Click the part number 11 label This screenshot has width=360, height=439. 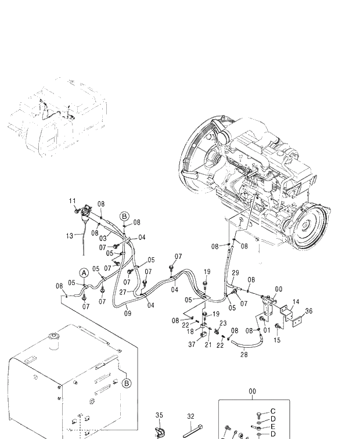[73, 201]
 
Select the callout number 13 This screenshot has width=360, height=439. [70, 236]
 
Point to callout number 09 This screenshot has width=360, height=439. [128, 314]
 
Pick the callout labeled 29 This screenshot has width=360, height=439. [235, 272]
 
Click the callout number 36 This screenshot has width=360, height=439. [309, 311]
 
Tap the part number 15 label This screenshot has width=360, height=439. [277, 340]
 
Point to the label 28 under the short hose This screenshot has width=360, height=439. [244, 354]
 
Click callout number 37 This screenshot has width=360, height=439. [192, 345]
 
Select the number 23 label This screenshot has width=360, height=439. [222, 323]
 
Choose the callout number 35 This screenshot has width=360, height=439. [160, 416]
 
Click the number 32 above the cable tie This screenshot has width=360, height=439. [190, 416]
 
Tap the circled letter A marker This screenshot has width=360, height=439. [84, 272]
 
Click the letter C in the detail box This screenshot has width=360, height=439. [273, 411]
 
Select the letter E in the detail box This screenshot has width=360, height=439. [273, 426]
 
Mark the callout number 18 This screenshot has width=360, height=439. [190, 331]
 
